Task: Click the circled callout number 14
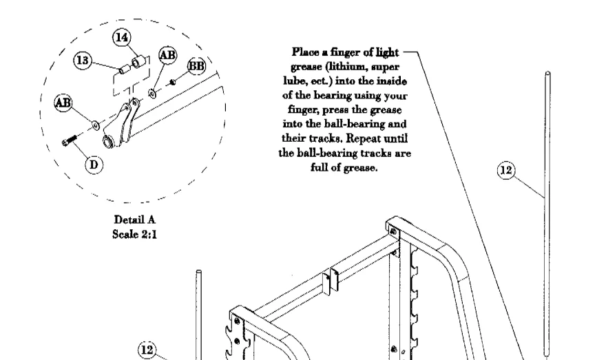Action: click(x=123, y=38)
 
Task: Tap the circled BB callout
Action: click(x=196, y=65)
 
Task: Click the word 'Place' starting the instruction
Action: click(x=306, y=52)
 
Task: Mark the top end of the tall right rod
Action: click(x=547, y=74)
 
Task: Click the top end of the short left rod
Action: click(x=198, y=273)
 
